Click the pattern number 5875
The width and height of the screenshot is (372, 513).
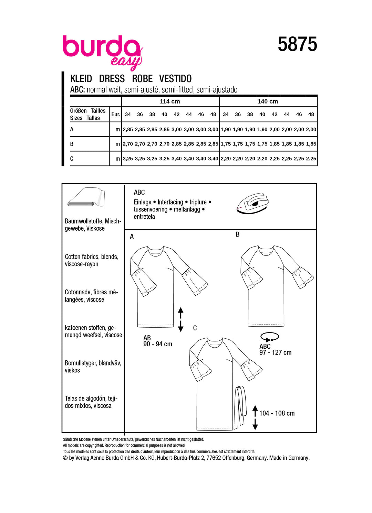point(297,45)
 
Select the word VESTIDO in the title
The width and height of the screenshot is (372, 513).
point(175,79)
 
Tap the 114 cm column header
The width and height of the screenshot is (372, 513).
point(170,101)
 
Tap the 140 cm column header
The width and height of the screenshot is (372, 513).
point(268,101)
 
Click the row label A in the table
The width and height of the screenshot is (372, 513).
point(72,129)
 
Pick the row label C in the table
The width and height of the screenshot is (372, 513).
point(72,159)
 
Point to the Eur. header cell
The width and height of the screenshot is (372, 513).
point(115,114)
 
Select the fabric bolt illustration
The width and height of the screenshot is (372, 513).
point(86,197)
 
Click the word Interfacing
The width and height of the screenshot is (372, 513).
point(170,202)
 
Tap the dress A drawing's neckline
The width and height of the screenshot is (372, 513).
point(156,249)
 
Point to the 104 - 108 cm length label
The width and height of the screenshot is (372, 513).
point(277,413)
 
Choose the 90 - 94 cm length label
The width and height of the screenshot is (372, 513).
point(158,344)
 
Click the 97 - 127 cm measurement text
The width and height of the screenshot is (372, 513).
point(275,352)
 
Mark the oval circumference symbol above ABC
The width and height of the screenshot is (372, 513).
point(270,337)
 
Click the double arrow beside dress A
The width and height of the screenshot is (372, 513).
point(180,319)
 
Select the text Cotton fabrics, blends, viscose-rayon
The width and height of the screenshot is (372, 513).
point(92,260)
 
